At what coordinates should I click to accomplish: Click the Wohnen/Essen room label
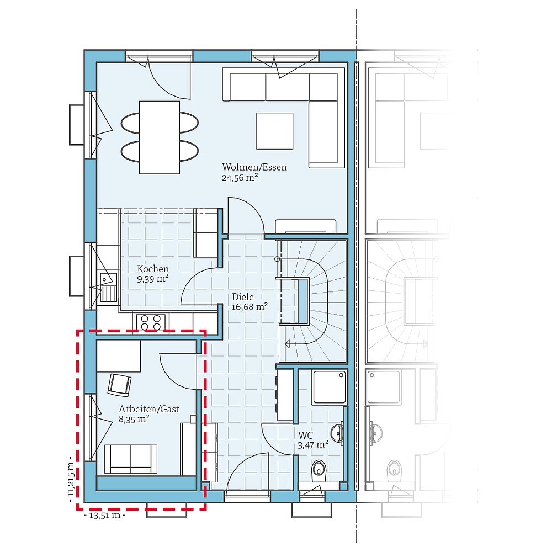pyautogui.click(x=254, y=167)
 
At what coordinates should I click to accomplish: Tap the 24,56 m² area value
pyautogui.click(x=241, y=178)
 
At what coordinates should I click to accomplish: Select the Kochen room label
pyautogui.click(x=153, y=269)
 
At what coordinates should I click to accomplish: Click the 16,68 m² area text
pyautogui.click(x=250, y=307)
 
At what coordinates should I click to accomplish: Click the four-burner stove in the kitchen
pyautogui.click(x=150, y=322)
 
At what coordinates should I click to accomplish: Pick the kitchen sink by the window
pyautogui.click(x=109, y=287)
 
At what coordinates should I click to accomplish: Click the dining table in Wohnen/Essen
pyautogui.click(x=159, y=137)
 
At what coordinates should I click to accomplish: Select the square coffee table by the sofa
pyautogui.click(x=274, y=130)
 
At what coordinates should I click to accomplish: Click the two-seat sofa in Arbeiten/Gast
pyautogui.click(x=131, y=459)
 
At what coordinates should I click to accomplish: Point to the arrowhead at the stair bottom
pyautogui.click(x=287, y=344)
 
